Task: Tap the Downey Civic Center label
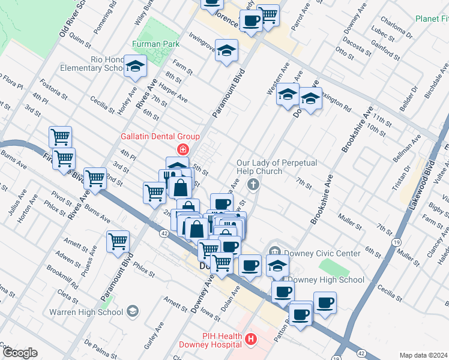click(x=322, y=253)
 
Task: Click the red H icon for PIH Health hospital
click(x=252, y=340)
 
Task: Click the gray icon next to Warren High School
click(x=133, y=311)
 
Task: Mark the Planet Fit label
click(x=432, y=18)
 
